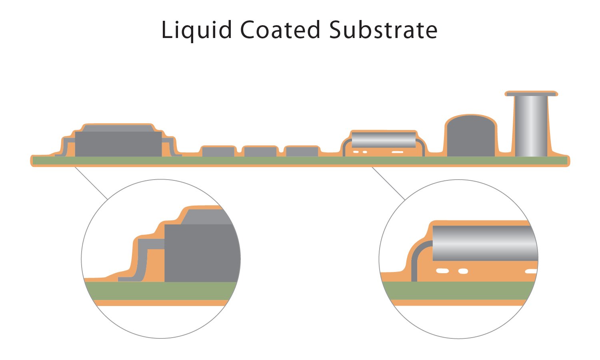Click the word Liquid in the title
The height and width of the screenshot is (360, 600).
pos(196,30)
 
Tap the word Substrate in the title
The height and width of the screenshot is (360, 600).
pos(383,30)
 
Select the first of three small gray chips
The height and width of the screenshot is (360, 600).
pos(218,152)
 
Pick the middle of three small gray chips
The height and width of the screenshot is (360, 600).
pos(260,152)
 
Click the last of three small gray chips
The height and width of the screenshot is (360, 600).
pos(302,152)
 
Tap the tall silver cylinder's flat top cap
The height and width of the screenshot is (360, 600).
pos(530,94)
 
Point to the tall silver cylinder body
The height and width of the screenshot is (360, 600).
pos(530,126)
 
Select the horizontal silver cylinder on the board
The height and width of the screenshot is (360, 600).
pos(383,140)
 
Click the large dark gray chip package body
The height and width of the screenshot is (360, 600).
pos(118,144)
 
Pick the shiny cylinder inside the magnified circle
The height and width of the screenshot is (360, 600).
pos(484,243)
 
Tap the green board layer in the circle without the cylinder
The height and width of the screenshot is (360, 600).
pos(160,291)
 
